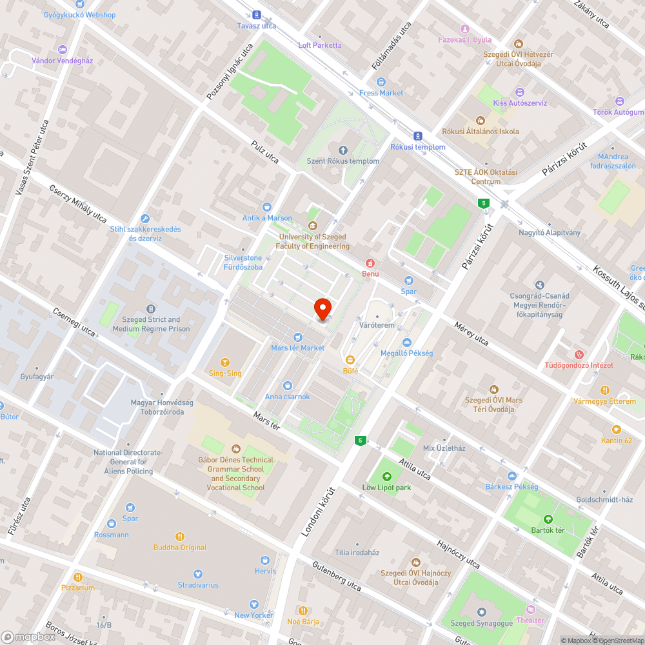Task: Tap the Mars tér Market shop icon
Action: click(297, 337)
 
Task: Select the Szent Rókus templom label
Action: click(342, 161)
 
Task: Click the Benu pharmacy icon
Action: click(370, 263)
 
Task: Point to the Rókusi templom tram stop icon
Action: click(418, 136)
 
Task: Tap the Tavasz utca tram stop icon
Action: click(256, 15)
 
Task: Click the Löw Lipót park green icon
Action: click(386, 477)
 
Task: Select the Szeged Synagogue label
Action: click(481, 623)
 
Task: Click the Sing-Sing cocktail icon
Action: click(225, 362)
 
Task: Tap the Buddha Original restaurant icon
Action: click(180, 537)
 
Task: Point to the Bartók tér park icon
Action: click(548, 519)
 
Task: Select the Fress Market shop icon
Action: click(381, 82)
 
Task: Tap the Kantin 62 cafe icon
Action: click(616, 429)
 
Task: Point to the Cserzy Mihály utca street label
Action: click(78, 204)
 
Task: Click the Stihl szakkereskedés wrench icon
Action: click(144, 219)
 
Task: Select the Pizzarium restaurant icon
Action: click(78, 577)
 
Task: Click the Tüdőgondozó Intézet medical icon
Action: click(579, 354)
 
